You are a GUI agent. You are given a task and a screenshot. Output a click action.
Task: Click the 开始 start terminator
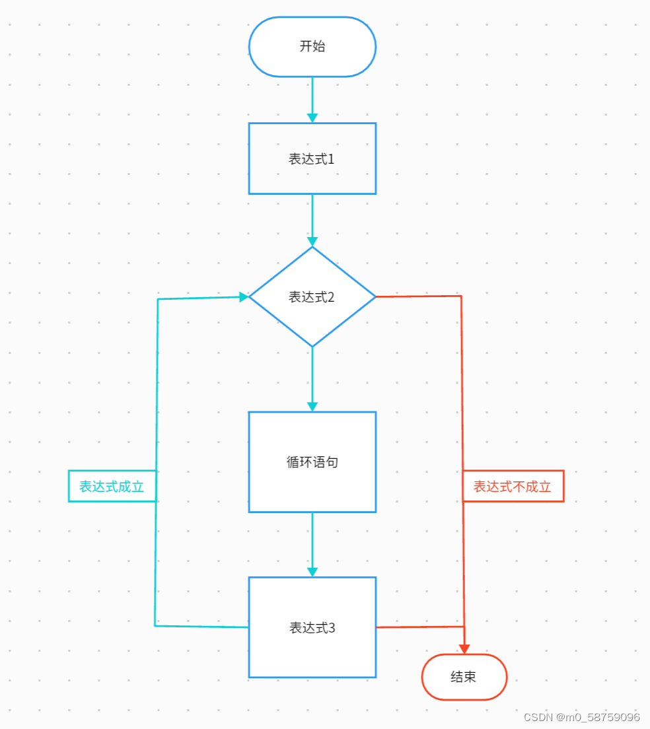312,47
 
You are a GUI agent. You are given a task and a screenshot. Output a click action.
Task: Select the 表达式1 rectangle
312,158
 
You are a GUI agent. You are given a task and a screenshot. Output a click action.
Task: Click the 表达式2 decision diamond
312,297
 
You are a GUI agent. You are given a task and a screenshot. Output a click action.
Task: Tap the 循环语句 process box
312,462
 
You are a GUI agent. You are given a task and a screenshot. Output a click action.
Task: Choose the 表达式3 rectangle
312,627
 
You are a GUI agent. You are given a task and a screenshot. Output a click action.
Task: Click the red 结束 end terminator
464,677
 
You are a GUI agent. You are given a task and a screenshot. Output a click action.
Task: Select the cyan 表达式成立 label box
112,487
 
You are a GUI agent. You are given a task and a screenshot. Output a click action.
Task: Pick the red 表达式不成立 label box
513,487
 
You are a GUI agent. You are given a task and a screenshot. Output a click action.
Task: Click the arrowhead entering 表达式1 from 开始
312,118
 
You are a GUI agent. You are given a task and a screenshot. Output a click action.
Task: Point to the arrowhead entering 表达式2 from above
312,241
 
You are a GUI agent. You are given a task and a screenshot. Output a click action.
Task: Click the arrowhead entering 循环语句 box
312,406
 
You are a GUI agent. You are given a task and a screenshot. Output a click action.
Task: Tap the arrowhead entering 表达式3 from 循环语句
312,571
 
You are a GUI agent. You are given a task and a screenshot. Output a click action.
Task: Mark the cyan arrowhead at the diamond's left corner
244,297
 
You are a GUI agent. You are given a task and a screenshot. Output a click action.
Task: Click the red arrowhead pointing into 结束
464,648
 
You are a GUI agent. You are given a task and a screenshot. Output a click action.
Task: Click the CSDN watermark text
581,717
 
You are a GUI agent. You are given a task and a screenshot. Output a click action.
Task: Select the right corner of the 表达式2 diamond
375,297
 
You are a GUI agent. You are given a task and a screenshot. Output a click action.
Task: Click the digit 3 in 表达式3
332,628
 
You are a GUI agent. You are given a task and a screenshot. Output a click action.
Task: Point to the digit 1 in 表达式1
332,159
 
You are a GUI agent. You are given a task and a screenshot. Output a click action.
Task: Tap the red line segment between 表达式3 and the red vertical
419,627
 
